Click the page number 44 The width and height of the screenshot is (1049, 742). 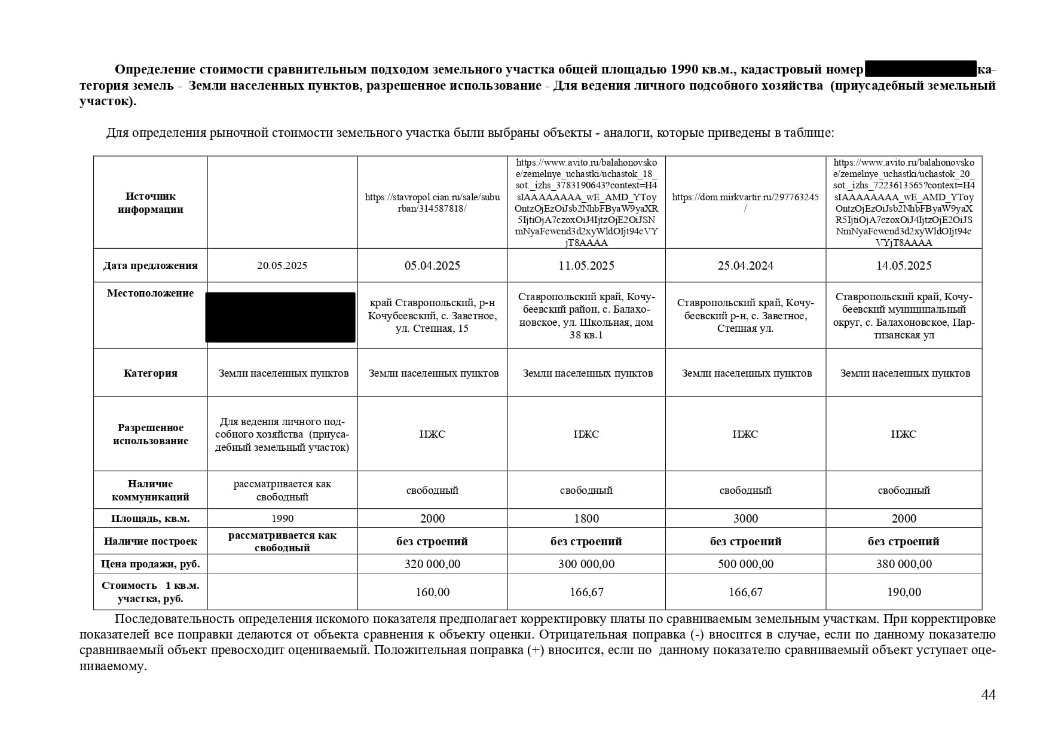(x=988, y=695)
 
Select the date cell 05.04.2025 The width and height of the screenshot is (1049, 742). (x=432, y=265)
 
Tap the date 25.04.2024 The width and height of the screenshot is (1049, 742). (x=745, y=265)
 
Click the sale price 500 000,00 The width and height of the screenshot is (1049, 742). (x=745, y=564)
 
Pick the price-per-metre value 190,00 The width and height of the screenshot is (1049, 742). (x=904, y=592)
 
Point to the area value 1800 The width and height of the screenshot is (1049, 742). (x=586, y=518)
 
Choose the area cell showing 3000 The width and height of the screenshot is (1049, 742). (x=745, y=518)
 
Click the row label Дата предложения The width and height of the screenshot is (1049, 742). (x=150, y=265)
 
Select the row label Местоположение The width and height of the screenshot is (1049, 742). (x=150, y=293)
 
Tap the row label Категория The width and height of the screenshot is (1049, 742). (x=150, y=373)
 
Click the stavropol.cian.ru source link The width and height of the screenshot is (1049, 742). (x=432, y=202)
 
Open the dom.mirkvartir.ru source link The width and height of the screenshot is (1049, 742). (x=745, y=202)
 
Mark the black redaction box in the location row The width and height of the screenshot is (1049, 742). (x=280, y=317)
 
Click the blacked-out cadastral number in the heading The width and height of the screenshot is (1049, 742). (x=920, y=69)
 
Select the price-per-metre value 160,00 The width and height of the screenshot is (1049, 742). (x=432, y=592)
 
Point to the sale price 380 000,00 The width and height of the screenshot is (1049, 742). (x=904, y=564)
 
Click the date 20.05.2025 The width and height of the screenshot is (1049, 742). (x=282, y=265)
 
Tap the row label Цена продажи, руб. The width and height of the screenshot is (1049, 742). (x=150, y=564)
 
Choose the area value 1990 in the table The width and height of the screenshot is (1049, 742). (x=282, y=518)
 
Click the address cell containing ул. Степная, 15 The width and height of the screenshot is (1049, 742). (x=432, y=316)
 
